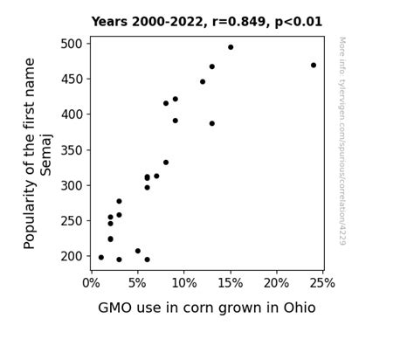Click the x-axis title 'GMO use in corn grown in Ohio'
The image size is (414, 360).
click(x=206, y=308)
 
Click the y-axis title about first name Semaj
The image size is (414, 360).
click(x=38, y=153)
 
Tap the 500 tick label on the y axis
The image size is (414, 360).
click(x=72, y=44)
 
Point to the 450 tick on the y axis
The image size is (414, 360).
click(x=72, y=79)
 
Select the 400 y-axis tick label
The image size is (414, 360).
click(x=72, y=114)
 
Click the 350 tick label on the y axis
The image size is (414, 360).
click(x=72, y=150)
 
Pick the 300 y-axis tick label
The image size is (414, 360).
click(x=72, y=185)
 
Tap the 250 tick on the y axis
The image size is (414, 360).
click(x=72, y=221)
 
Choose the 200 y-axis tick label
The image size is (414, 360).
click(x=72, y=256)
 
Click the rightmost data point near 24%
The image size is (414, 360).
click(x=314, y=65)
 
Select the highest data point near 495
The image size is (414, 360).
click(x=231, y=47)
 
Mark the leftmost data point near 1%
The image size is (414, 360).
click(x=101, y=257)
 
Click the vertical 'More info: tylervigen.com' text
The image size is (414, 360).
click(x=342, y=140)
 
